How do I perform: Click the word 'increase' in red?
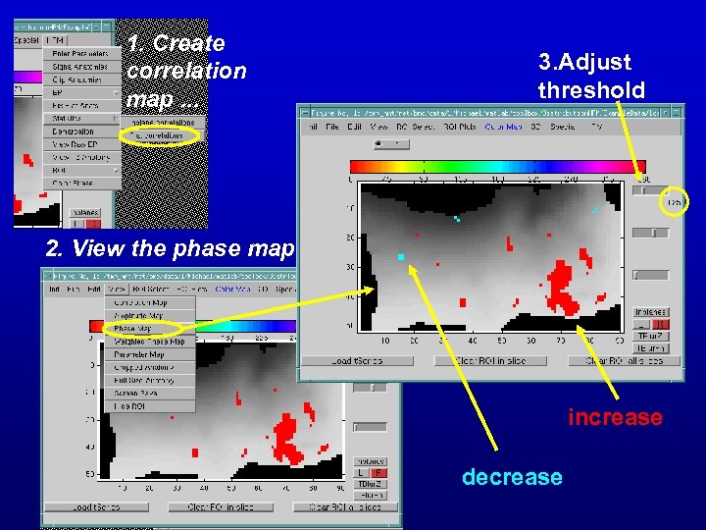615,417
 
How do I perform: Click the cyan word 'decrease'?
512,477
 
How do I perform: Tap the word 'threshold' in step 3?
591,90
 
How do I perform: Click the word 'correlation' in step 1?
186,71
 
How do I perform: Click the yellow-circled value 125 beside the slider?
675,201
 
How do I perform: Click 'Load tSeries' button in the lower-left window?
83,507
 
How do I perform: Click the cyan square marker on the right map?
401,256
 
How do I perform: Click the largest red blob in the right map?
563,291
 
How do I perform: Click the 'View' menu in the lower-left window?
117,289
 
